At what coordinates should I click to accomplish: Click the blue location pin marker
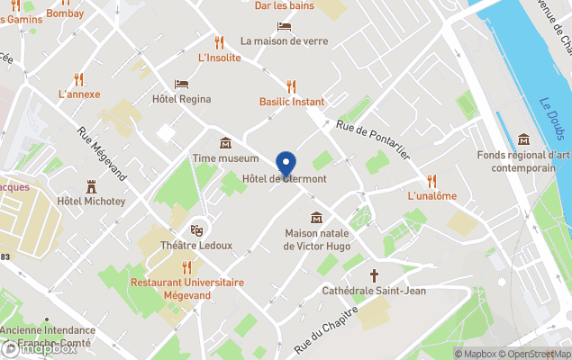[286, 165]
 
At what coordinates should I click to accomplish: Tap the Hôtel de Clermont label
[285, 179]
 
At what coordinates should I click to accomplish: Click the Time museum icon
[225, 143]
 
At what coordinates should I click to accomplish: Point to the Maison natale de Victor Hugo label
[316, 239]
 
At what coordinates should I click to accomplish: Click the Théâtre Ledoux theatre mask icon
[196, 229]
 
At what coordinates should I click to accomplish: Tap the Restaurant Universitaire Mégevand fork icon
[186, 266]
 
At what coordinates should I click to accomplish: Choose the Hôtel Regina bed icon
[182, 84]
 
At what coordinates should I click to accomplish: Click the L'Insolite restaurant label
[219, 58]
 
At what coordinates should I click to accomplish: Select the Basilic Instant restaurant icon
[291, 86]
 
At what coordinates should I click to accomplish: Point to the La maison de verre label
[284, 40]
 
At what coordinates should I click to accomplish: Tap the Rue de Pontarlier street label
[373, 140]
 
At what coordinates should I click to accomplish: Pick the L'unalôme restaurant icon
[431, 181]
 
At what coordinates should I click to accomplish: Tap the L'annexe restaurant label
[79, 94]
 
